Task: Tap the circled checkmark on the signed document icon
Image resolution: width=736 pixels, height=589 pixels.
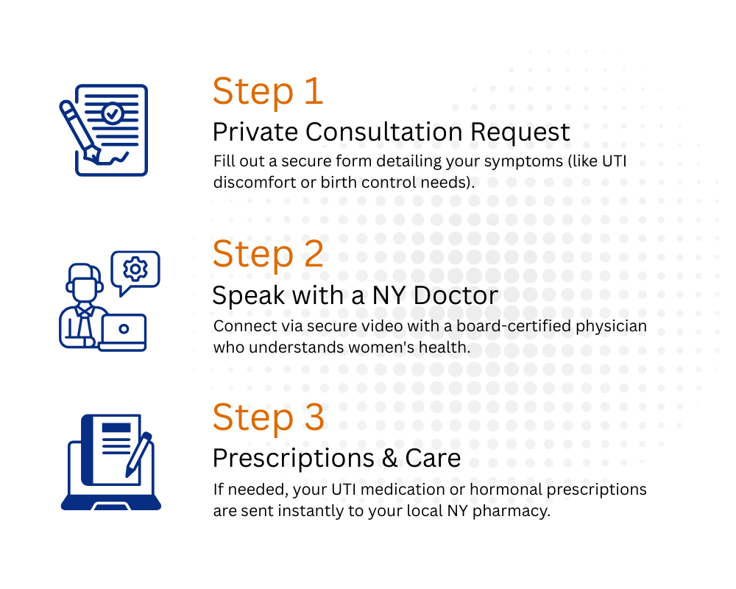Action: [113, 113]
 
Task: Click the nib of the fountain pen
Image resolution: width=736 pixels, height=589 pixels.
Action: [93, 155]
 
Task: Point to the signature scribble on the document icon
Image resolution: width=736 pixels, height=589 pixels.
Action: [117, 158]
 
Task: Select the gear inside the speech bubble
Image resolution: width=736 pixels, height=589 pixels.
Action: [135, 269]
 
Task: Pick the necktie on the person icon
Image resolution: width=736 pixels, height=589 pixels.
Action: [84, 312]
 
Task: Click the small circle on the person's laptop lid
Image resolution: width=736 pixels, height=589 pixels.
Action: [124, 328]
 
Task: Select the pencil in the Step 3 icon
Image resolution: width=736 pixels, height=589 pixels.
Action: [138, 454]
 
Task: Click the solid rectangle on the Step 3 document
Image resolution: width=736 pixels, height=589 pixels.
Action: [116, 428]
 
